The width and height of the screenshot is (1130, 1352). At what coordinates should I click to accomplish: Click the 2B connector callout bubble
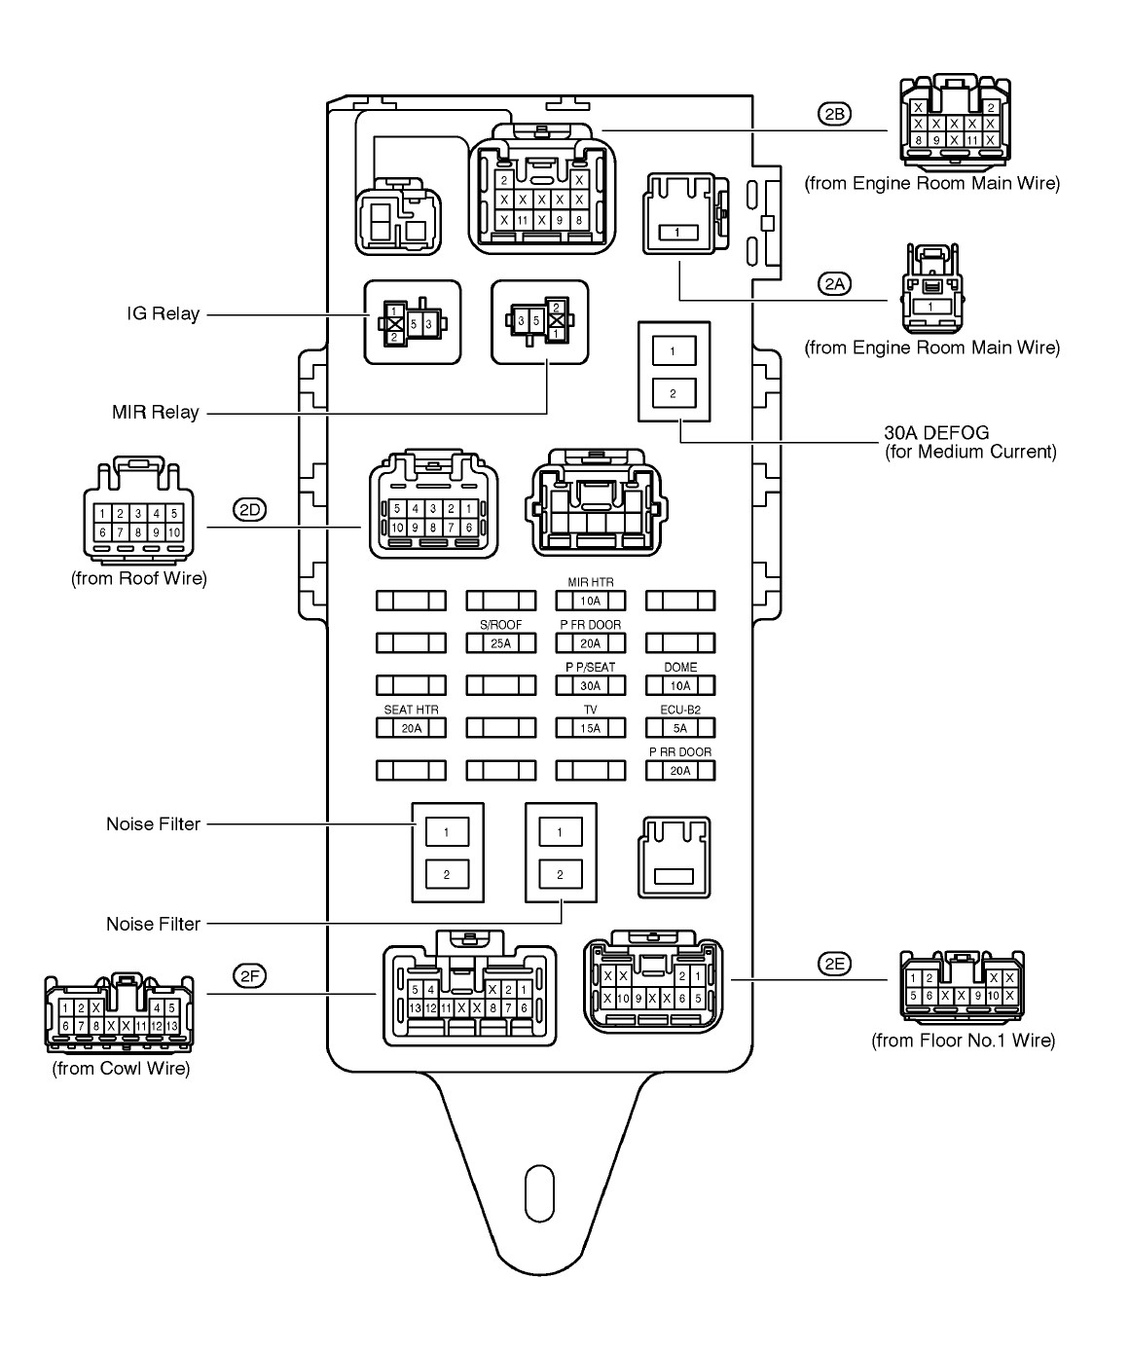[x=833, y=114]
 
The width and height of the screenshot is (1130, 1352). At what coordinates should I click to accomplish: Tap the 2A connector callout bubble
[x=833, y=283]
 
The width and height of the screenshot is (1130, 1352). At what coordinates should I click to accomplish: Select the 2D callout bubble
[x=250, y=509]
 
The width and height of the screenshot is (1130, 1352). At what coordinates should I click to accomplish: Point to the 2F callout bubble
[x=250, y=975]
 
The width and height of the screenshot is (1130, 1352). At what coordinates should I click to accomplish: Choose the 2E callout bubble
[x=834, y=964]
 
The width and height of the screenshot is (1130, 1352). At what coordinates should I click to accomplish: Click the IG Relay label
[x=163, y=314]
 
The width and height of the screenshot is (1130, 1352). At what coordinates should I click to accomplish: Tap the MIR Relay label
[x=155, y=413]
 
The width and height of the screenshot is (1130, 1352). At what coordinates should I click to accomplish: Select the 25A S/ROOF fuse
[x=501, y=642]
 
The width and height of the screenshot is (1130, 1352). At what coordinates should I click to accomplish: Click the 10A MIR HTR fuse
[x=591, y=601]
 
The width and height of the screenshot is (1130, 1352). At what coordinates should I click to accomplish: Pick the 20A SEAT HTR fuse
[x=411, y=728]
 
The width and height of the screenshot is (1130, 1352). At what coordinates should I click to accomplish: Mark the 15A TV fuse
[x=591, y=728]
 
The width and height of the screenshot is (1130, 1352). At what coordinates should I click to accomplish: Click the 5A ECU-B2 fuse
[x=680, y=728]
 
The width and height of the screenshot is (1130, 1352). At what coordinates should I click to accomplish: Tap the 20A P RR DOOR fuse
[x=680, y=771]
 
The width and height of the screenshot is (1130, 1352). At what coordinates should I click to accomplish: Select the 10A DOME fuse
[x=680, y=685]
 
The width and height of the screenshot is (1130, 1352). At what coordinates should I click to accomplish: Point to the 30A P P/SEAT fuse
[x=591, y=685]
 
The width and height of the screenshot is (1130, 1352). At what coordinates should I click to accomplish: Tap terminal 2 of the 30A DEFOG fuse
[x=673, y=394]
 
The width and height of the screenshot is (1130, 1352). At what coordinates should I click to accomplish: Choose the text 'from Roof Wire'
[x=139, y=578]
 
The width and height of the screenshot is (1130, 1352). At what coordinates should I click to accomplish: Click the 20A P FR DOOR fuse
[x=591, y=642]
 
